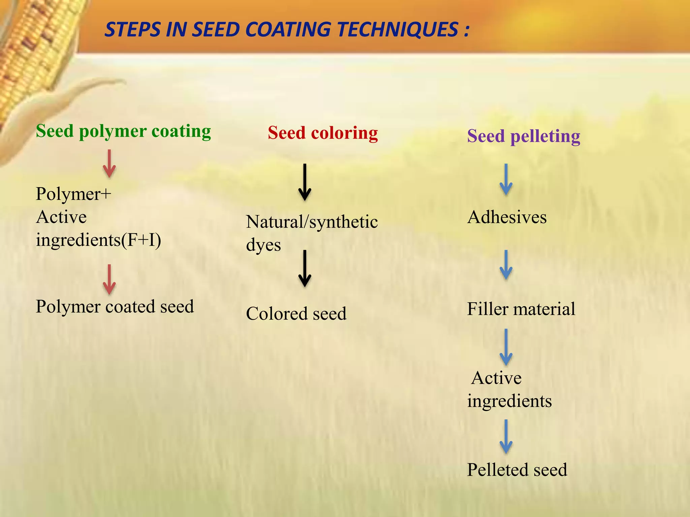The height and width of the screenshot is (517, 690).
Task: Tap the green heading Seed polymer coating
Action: (123, 131)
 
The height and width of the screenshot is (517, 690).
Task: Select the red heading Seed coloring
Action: (322, 133)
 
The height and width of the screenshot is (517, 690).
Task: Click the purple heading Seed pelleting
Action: (523, 136)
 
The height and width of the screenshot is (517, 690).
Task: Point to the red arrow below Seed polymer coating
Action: (109, 164)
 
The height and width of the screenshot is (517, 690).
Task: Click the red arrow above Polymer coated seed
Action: (109, 279)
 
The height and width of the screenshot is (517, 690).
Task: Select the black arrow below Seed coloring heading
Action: (305, 182)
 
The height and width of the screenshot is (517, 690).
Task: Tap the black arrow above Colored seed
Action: (305, 269)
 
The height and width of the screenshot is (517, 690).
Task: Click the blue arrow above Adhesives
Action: (506, 180)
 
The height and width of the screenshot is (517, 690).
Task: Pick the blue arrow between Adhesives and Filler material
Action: (506, 265)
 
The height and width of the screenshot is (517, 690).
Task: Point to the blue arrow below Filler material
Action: (506, 347)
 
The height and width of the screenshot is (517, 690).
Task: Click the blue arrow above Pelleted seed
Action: (506, 437)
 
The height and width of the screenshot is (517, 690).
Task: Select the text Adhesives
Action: (507, 217)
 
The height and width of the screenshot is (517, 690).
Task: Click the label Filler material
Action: (521, 309)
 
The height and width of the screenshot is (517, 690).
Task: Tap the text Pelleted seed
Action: (517, 470)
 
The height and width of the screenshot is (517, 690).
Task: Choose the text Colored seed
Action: (296, 314)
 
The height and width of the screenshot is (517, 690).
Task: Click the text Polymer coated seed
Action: (115, 307)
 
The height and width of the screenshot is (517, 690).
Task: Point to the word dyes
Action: (263, 245)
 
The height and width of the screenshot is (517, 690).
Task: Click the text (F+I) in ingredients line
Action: (141, 240)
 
